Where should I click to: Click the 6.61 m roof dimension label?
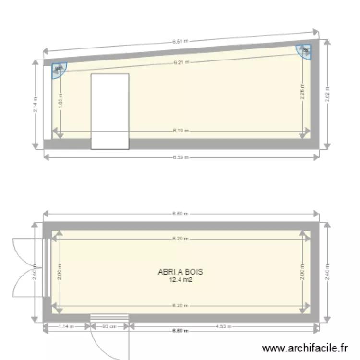click(180, 42)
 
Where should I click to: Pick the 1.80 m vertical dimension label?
click(60, 100)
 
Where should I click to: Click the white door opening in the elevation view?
click(110, 111)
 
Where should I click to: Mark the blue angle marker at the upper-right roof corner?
click(304, 50)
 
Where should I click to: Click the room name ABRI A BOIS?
click(180, 272)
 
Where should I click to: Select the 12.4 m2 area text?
click(180, 280)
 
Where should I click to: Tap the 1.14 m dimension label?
click(67, 327)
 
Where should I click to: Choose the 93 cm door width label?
click(110, 327)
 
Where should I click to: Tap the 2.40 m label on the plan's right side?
click(327, 272)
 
